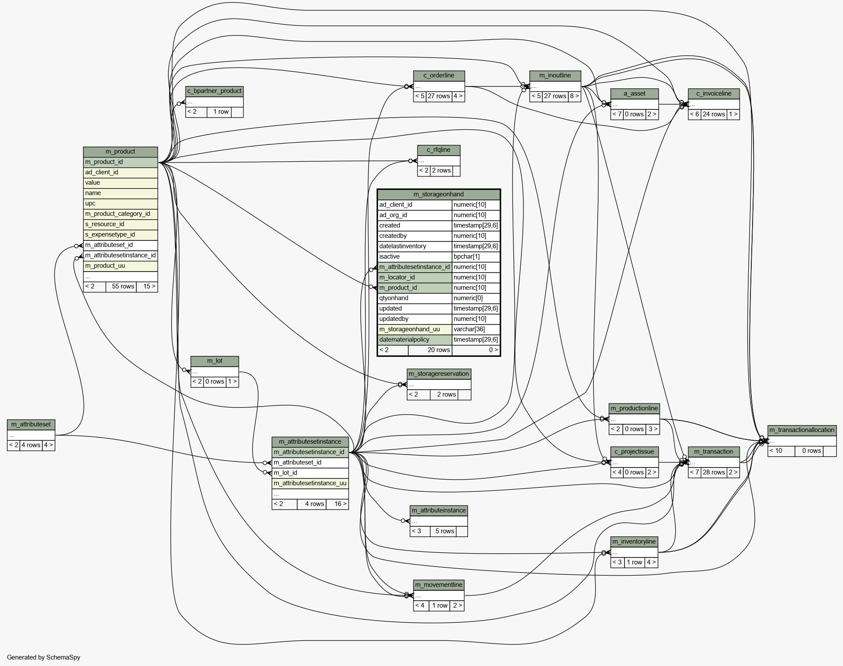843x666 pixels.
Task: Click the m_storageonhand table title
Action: click(439, 195)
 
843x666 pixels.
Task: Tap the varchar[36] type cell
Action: click(469, 329)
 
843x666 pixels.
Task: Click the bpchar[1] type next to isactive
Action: click(467, 256)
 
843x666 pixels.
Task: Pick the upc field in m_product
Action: click(90, 203)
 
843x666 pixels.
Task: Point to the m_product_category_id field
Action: click(118, 214)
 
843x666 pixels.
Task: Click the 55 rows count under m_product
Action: click(123, 286)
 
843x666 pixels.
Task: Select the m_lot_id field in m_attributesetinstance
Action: click(285, 473)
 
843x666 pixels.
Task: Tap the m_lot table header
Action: click(215, 361)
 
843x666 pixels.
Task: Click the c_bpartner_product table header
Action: click(215, 91)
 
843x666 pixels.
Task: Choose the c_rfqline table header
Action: click(439, 150)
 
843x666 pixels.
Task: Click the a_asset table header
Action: click(635, 94)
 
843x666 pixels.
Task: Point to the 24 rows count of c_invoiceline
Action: click(714, 114)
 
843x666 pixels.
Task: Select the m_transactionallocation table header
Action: click(802, 430)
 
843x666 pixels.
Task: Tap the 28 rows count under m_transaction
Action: click(714, 472)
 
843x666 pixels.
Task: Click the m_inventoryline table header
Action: click(634, 542)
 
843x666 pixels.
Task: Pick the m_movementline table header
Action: click(439, 585)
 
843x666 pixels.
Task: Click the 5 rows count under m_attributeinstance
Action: click(445, 531)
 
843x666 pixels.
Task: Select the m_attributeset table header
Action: click(31, 425)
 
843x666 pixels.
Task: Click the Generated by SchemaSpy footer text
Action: click(44, 657)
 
